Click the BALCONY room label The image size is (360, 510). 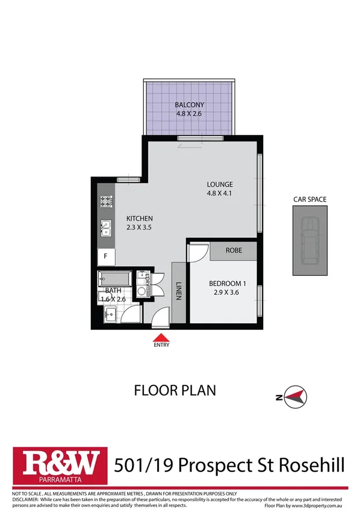tap(188, 102)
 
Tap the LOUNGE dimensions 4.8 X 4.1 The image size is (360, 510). tap(219, 193)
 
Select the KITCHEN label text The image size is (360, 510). tap(139, 218)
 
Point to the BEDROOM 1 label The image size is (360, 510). tap(228, 284)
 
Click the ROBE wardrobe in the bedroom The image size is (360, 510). tap(234, 250)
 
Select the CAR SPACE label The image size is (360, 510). tap(310, 197)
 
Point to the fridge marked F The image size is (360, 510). tap(106, 256)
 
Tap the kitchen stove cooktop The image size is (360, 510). tap(107, 202)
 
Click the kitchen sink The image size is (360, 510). tap(106, 228)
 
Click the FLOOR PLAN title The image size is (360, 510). tap(174, 390)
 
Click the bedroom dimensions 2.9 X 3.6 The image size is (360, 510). tap(228, 293)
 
